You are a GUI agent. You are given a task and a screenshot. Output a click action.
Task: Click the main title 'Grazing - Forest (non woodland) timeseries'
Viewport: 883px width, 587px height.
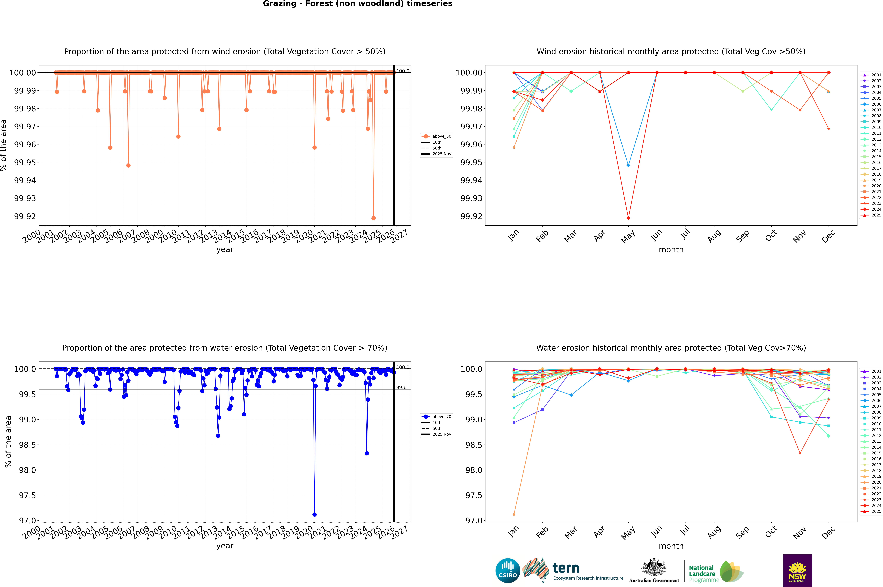coord(357,4)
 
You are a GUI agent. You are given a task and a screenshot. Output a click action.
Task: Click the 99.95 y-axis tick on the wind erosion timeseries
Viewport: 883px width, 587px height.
coord(25,162)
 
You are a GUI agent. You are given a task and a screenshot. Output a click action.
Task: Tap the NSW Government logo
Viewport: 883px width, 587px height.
coord(797,571)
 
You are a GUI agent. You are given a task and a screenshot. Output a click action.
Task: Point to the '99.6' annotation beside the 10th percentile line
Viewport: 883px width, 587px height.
coord(401,387)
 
